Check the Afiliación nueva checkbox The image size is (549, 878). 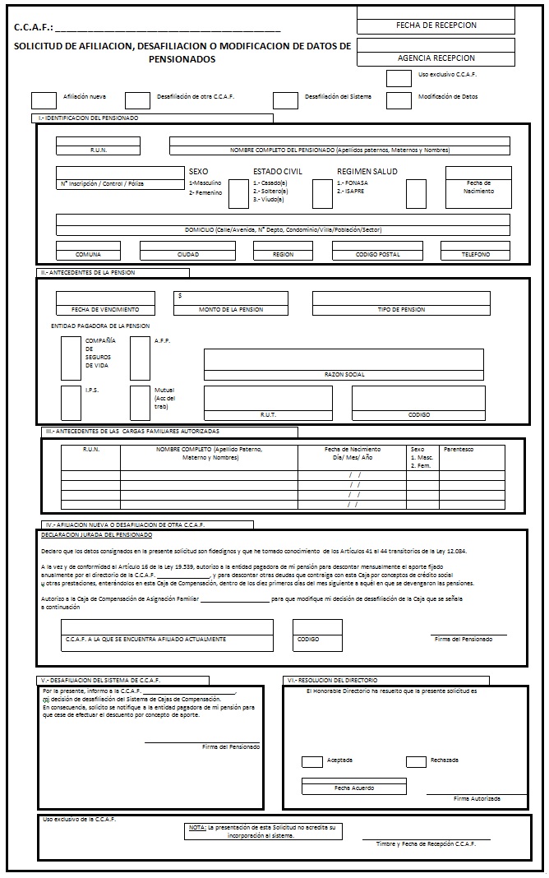tap(44, 100)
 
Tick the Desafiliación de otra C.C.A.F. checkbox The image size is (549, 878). tap(138, 100)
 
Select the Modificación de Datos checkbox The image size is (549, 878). tap(399, 100)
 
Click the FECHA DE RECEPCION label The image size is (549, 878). tap(436, 25)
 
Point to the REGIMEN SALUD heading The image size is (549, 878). tap(367, 171)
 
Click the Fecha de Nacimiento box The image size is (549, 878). tap(479, 187)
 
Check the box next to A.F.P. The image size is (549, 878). tap(140, 358)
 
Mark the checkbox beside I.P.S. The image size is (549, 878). tap(71, 403)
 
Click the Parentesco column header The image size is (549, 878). tap(459, 450)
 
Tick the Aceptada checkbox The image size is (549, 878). tap(312, 761)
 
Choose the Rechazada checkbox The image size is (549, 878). tap(416, 761)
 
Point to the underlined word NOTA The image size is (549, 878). tap(197, 826)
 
